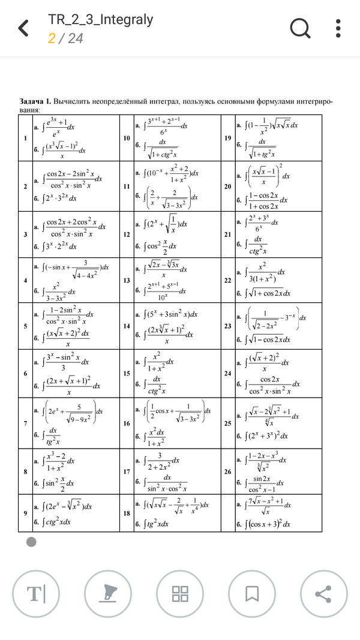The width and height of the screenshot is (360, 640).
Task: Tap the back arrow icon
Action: [x=23, y=28]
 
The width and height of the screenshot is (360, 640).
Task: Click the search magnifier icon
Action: [x=299, y=28]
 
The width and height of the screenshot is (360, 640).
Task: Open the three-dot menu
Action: [x=338, y=28]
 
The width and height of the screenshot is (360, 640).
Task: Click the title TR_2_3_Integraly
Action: [x=100, y=20]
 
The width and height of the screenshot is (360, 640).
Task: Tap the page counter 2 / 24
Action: [x=65, y=38]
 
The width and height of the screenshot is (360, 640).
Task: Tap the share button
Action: [x=323, y=594]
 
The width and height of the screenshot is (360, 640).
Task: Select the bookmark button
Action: [x=251, y=594]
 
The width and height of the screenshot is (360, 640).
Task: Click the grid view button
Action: [x=180, y=594]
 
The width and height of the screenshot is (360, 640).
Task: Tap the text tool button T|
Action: [x=36, y=594]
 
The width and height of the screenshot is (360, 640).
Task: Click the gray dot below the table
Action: [x=32, y=542]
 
